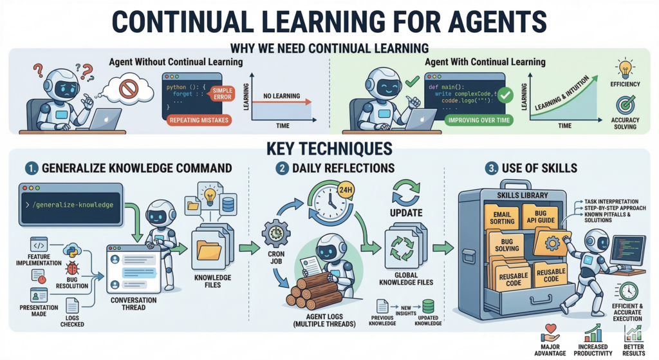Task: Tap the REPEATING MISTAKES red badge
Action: click(200, 120)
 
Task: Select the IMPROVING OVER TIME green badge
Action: click(479, 120)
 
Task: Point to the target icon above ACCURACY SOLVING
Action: click(626, 105)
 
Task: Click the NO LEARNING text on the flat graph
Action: click(282, 96)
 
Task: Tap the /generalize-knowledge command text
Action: click(73, 205)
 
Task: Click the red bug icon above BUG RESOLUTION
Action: click(72, 269)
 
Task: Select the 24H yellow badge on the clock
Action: click(346, 190)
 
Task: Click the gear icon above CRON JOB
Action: click(276, 233)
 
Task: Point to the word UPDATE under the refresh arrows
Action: click(406, 213)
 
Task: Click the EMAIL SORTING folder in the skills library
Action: click(502, 217)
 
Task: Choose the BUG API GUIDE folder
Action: click(541, 216)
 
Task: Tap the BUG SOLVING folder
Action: click(506, 245)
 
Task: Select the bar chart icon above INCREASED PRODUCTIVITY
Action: click(593, 333)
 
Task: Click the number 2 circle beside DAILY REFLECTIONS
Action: click(282, 169)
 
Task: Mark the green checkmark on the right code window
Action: click(505, 95)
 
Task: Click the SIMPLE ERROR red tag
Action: click(222, 94)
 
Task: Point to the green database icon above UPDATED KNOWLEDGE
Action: click(428, 307)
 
